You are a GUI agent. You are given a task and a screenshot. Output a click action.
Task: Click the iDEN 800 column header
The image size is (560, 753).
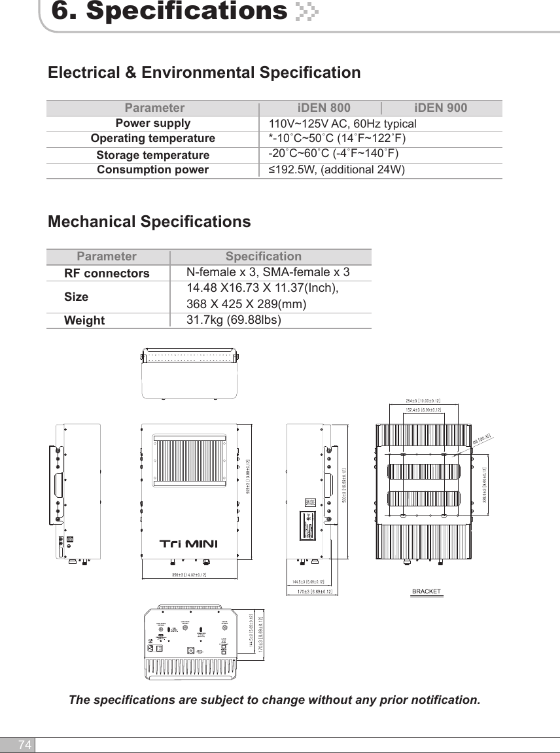pos(324,108)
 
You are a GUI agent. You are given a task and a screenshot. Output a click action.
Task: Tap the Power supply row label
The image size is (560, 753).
pos(153,123)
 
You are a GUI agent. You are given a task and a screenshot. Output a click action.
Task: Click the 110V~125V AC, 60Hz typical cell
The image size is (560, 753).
pos(342,124)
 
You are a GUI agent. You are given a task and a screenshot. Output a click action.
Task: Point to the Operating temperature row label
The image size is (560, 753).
pos(152,139)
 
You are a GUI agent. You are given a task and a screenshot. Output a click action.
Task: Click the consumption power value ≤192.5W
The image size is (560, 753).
pos(337,170)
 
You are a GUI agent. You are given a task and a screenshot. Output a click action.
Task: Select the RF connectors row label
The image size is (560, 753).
pos(107,273)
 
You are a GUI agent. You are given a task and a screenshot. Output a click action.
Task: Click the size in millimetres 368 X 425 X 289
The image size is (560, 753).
pos(246,304)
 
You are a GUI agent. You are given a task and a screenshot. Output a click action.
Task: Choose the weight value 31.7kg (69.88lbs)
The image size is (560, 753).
pos(234,320)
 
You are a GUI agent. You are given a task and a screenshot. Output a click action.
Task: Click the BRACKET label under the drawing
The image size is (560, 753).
pos(426,592)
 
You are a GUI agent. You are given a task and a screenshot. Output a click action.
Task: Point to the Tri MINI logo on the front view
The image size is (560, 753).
pos(188,544)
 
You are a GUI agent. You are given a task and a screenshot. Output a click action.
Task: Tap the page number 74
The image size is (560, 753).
pos(25,745)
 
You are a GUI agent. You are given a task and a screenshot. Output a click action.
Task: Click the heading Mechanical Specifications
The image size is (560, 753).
pos(149,222)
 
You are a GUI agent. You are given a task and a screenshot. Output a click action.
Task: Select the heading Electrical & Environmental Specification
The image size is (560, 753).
pos(204,72)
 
